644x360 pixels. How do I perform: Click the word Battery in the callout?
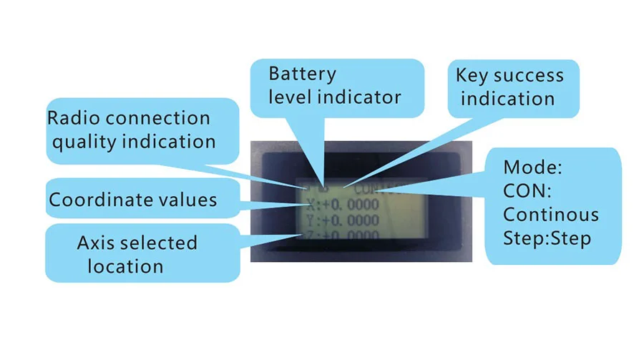coord(303,74)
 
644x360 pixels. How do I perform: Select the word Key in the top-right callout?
coord(472,75)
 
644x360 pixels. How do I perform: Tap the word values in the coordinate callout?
coord(187,200)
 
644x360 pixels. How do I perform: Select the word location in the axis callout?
coord(125,267)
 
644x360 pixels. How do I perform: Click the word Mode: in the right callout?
coord(533,169)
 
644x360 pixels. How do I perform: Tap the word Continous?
coord(550,215)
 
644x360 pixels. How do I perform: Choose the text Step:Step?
coord(547,238)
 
